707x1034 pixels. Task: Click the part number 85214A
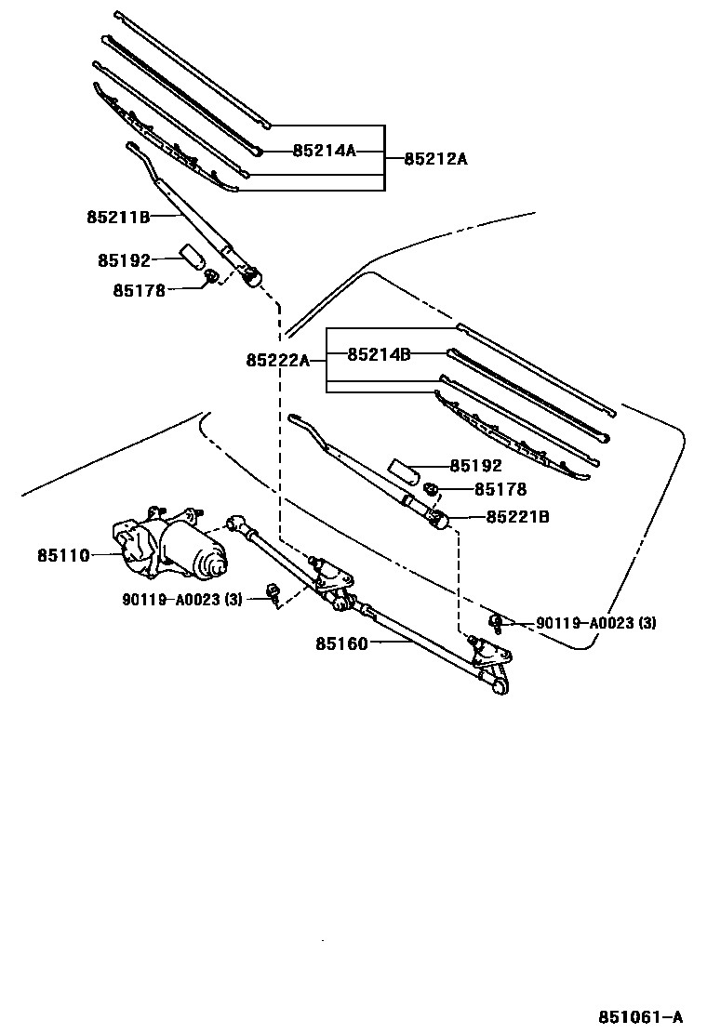coord(325,151)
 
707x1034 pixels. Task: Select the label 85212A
coord(435,159)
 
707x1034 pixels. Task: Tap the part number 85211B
coord(118,217)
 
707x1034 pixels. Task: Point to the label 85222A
coord(277,360)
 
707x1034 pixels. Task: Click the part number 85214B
coord(379,354)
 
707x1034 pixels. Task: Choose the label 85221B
coord(516,516)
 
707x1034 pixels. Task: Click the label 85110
coord(63,556)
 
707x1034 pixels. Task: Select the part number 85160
coord(341,642)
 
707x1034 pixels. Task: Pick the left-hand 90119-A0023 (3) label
coord(181,600)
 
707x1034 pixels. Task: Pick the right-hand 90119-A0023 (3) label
coord(595,623)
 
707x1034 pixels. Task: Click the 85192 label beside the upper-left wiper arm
coord(124,260)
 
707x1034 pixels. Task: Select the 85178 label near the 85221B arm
coord(500,490)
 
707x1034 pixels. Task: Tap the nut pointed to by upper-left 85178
coord(212,276)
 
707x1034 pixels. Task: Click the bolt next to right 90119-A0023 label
coord(499,622)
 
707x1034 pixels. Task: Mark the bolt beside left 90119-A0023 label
coord(273,591)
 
